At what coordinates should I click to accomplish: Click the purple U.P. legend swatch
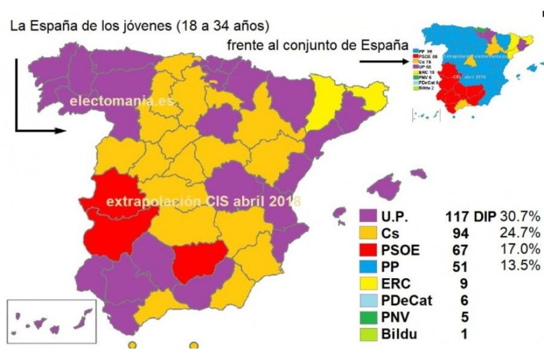point(368,216)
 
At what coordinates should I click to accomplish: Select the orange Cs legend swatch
point(368,233)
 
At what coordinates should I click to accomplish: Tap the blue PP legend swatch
point(368,266)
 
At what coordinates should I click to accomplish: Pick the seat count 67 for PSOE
point(460,250)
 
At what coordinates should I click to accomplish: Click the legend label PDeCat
point(406,300)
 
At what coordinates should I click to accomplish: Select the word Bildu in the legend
point(399,334)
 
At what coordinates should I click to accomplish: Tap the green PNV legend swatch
point(368,317)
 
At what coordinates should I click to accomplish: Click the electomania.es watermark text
point(122,101)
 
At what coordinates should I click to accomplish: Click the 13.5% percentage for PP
point(520,265)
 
